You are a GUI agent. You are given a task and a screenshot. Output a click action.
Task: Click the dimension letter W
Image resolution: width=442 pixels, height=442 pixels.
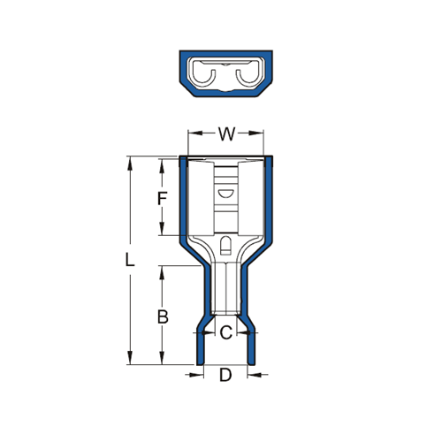click(226, 134)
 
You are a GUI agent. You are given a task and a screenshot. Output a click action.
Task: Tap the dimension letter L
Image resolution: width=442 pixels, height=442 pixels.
click(130, 260)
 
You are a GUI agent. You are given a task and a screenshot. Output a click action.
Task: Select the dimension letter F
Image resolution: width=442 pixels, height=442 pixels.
click(163, 198)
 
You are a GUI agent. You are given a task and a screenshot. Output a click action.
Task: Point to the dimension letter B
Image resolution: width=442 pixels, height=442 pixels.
click(163, 317)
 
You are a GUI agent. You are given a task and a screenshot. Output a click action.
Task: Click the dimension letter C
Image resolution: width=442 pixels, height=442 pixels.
click(226, 332)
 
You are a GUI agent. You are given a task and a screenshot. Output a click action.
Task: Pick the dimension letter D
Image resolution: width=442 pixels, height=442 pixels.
click(225, 375)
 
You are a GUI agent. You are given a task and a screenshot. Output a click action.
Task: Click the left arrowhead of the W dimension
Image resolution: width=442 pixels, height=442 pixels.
click(195, 133)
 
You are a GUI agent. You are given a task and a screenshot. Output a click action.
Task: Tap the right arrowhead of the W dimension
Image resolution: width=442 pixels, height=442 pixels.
click(256, 133)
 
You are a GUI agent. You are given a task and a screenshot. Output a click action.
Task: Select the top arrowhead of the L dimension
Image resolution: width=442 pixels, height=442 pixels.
click(129, 164)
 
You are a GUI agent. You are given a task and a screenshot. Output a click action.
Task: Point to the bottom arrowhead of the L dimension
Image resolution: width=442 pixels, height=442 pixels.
click(129, 357)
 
